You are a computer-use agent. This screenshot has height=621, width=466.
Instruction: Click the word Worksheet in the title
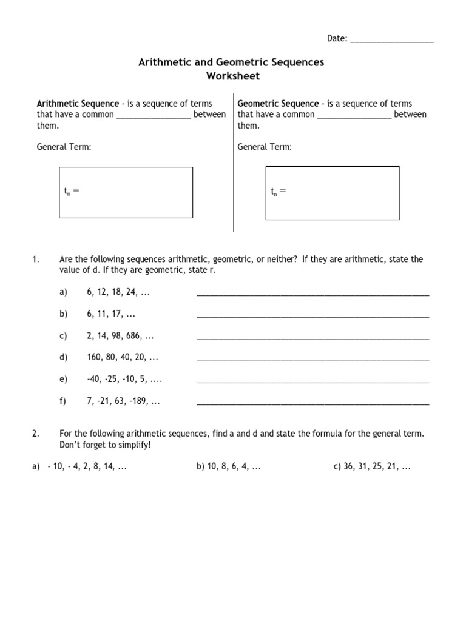tap(232, 76)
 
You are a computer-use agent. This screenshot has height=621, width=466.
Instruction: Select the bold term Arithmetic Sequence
tap(78, 104)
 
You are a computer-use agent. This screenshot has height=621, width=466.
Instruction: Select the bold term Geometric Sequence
tap(278, 104)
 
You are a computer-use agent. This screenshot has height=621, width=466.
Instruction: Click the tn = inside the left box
tap(72, 192)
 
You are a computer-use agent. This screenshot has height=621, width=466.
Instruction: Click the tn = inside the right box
tap(278, 192)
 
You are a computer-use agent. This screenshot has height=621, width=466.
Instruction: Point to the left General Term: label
tap(64, 147)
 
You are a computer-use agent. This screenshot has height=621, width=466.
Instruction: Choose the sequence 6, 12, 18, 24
tap(118, 292)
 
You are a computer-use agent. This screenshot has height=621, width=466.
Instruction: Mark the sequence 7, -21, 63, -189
tap(123, 401)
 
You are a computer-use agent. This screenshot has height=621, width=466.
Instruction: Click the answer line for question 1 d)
tap(312, 359)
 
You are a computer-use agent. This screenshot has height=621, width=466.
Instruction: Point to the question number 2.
tap(35, 434)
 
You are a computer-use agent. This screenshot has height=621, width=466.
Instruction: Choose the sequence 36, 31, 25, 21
tap(372, 467)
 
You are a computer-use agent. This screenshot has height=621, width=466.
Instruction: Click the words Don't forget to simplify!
tap(104, 445)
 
